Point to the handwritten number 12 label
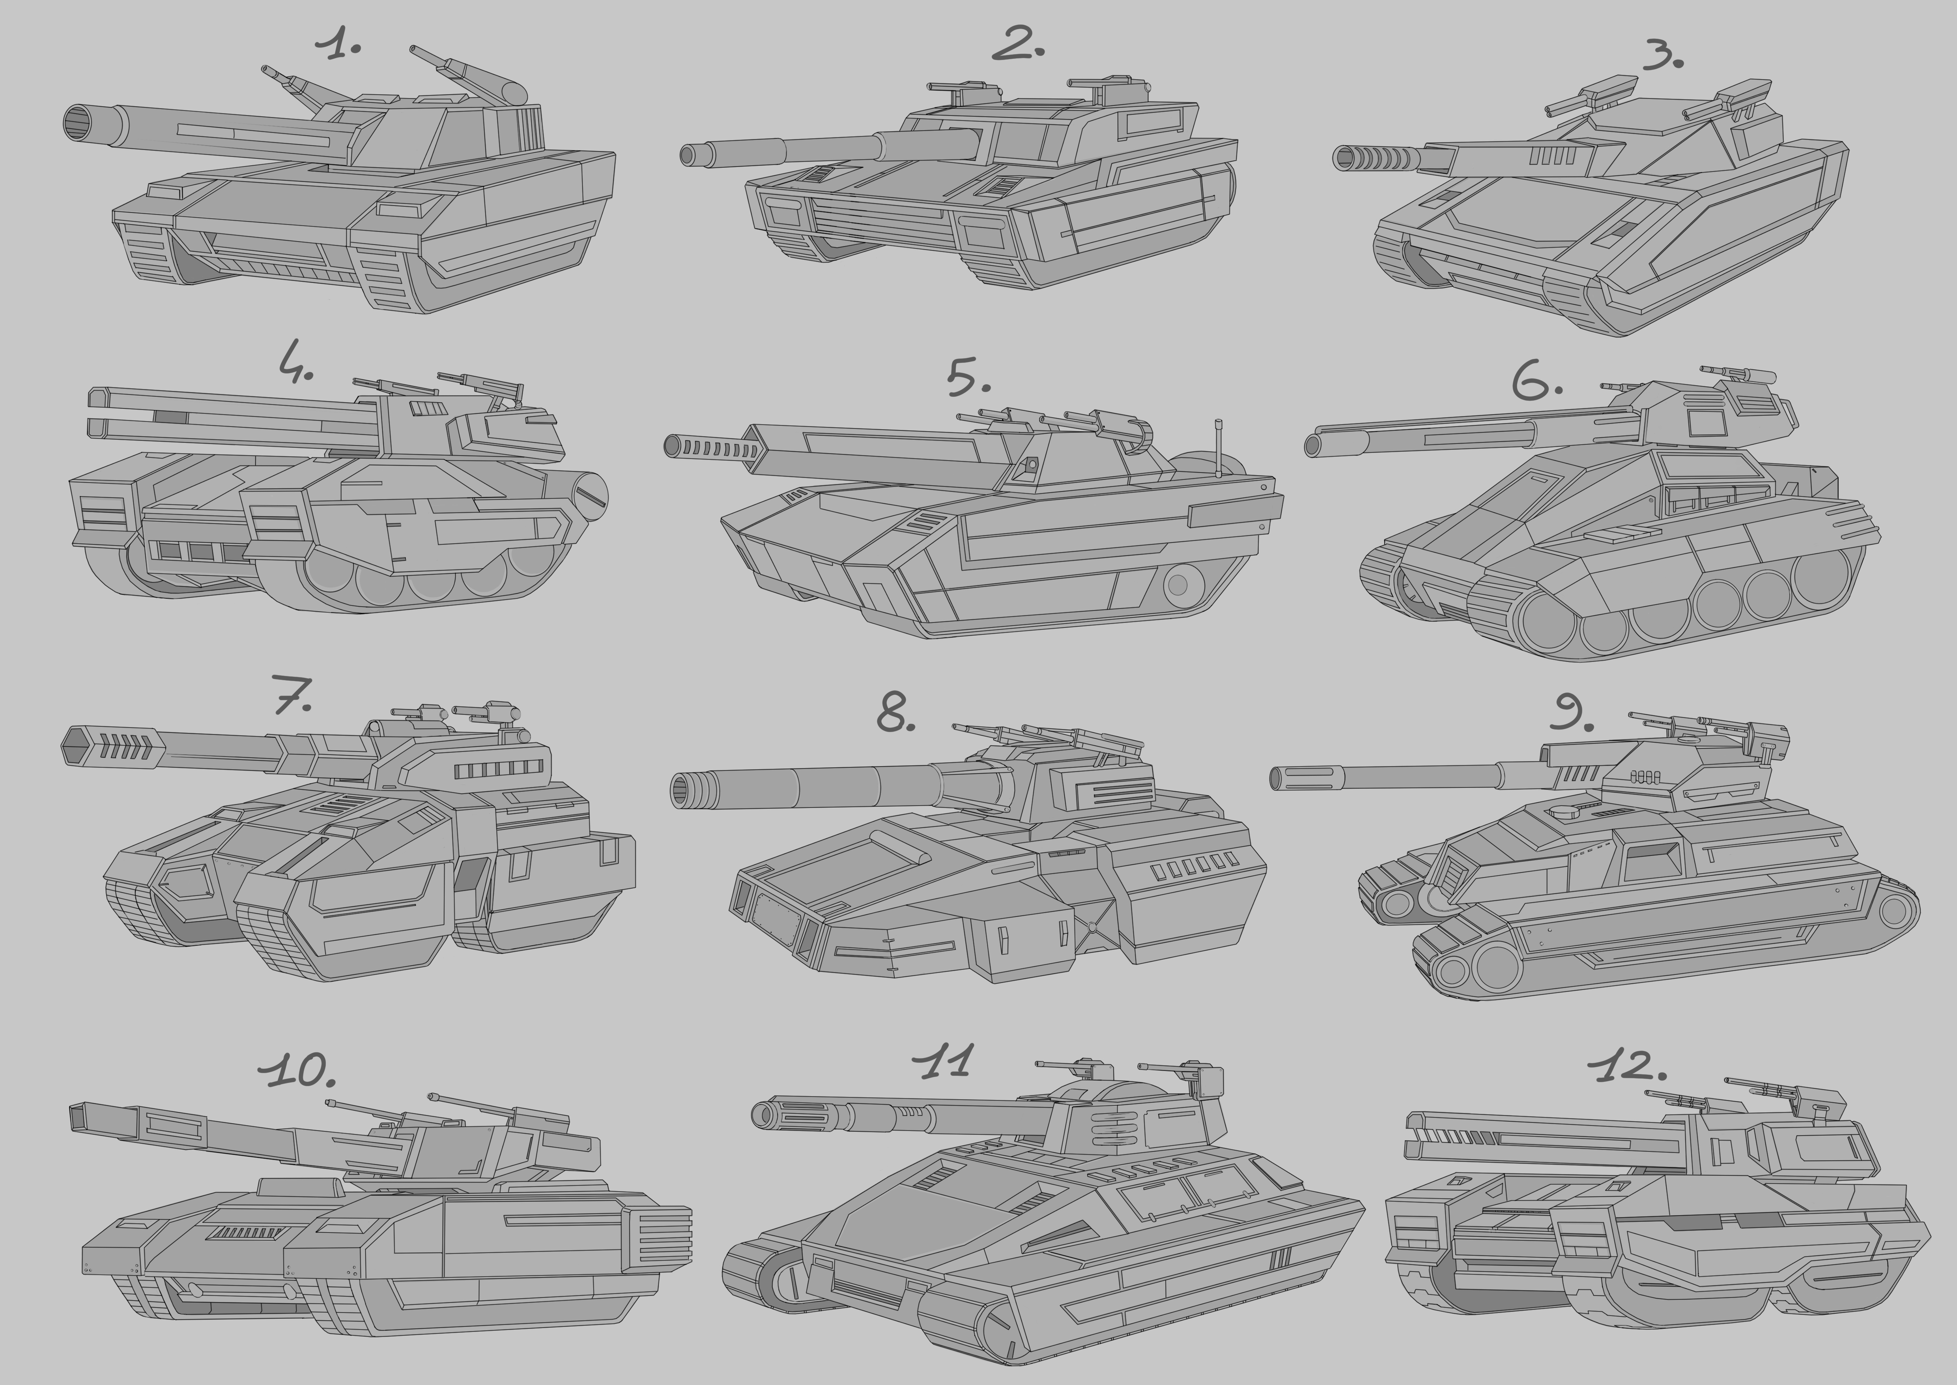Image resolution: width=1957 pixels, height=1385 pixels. point(1627,1065)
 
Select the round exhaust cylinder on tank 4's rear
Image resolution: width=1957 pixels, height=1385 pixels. point(588,493)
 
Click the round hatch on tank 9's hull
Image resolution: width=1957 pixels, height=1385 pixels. point(1561,812)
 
